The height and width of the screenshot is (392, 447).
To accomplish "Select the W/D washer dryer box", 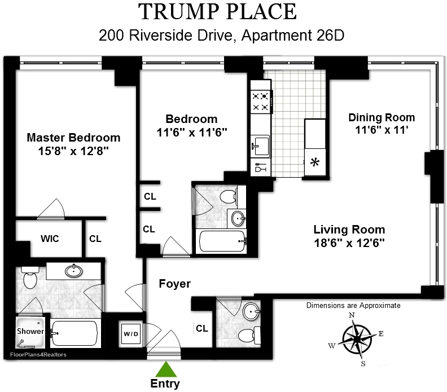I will pyautogui.click(x=129, y=333).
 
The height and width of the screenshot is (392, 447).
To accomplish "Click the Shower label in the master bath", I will pyautogui.click(x=30, y=331).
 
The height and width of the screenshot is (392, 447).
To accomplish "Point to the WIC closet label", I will pyautogui.click(x=49, y=239).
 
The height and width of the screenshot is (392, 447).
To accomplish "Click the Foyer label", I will pyautogui.click(x=174, y=284).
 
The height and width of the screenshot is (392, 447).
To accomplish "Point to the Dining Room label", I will pyautogui.click(x=381, y=117).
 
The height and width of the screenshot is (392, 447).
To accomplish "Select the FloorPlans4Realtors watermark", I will pyautogui.click(x=37, y=355).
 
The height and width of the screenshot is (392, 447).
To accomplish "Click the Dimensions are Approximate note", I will pyautogui.click(x=353, y=305).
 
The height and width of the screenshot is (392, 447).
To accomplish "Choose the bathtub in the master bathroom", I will pyautogui.click(x=75, y=333).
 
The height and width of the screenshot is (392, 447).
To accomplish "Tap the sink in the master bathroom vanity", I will pyautogui.click(x=73, y=271).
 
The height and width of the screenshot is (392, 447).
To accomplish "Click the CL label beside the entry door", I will pyautogui.click(x=201, y=328).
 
